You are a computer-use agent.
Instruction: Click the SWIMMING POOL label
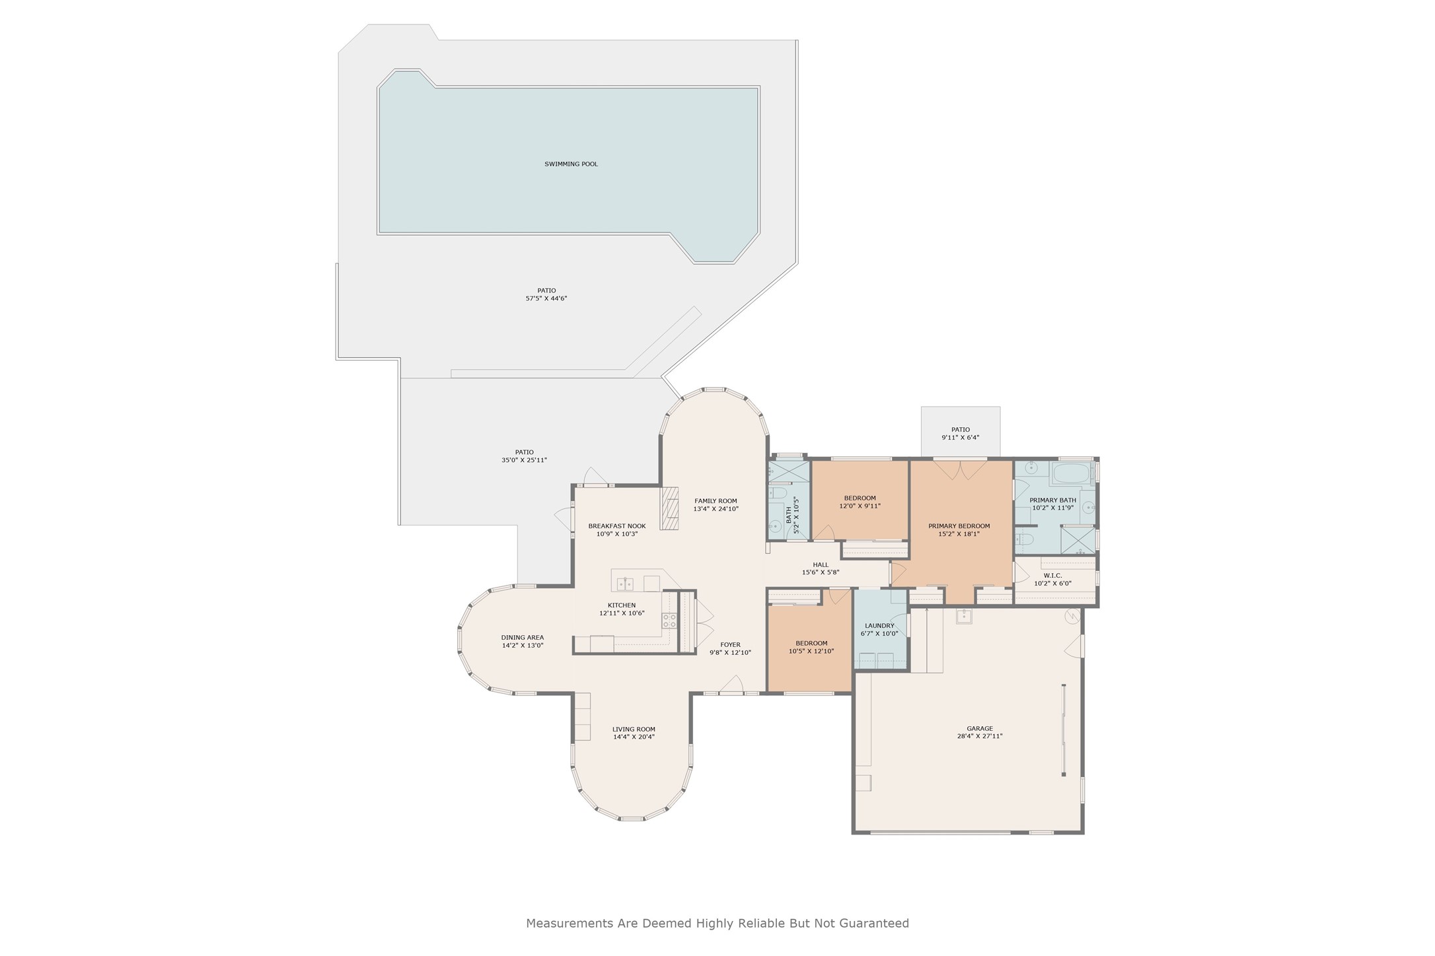click(571, 164)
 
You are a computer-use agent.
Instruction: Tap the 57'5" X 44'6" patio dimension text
click(546, 298)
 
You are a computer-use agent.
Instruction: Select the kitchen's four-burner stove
click(669, 620)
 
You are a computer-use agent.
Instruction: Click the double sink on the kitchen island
click(625, 584)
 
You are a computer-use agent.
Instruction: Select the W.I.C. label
click(1052, 575)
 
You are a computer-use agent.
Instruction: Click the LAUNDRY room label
click(879, 626)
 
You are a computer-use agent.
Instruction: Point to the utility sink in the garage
click(964, 616)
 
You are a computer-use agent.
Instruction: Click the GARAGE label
click(980, 729)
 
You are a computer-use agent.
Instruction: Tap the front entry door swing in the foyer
click(732, 685)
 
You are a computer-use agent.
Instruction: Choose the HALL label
click(821, 564)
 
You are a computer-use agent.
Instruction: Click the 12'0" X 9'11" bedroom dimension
click(860, 506)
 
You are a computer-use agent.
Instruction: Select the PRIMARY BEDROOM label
click(959, 526)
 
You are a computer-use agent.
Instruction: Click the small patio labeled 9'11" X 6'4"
click(960, 433)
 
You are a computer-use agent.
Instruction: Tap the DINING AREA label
click(522, 638)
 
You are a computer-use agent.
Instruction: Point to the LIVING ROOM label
click(634, 730)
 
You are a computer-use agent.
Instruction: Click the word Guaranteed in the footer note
click(874, 924)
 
